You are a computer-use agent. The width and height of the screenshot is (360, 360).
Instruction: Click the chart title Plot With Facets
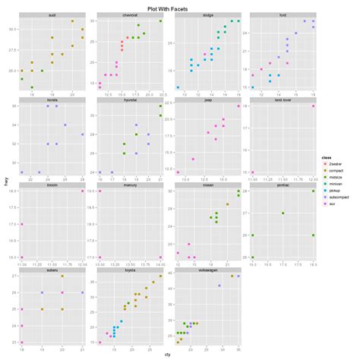click(180, 8)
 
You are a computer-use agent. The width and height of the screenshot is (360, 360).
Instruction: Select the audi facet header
click(52, 15)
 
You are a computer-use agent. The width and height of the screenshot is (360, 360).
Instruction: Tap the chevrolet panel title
click(130, 15)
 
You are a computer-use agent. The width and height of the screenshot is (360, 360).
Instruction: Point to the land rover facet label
click(281, 99)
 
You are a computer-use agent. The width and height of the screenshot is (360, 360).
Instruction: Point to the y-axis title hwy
click(6, 181)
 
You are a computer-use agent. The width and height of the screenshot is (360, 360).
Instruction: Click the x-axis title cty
click(167, 354)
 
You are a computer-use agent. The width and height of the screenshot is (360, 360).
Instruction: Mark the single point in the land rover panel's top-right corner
click(314, 106)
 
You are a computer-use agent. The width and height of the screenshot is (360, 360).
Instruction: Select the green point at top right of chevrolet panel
click(160, 21)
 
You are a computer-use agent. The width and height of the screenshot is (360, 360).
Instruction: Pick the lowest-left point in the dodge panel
click(178, 87)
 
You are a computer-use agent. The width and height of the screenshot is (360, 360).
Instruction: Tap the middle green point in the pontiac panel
click(283, 213)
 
